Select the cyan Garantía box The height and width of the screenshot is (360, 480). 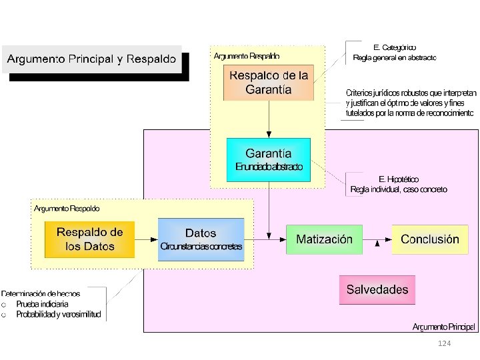point(269,159)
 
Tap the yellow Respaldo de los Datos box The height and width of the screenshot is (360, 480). point(89,239)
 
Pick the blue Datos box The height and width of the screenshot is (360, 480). point(201,239)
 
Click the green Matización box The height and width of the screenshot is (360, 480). point(324,239)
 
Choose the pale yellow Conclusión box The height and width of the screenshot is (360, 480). point(429,239)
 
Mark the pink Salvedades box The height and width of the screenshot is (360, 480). point(377,289)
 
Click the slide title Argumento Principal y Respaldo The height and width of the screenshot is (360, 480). point(92,58)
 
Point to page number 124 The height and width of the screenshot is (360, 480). point(445,343)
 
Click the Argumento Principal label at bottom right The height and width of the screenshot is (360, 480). point(443,327)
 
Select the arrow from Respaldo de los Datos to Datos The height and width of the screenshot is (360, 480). point(146,239)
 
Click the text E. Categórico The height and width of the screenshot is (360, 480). point(395,47)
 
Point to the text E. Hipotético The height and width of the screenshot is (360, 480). point(399,179)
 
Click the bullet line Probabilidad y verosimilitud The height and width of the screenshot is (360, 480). point(59,315)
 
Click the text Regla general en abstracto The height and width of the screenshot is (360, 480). point(395,58)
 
